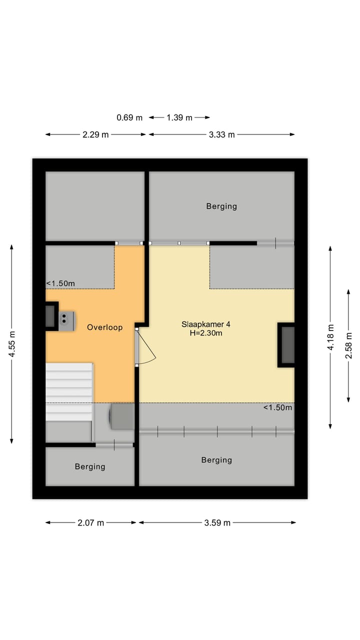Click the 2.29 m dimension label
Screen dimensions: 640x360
click(95, 134)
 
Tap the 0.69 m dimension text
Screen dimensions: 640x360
click(129, 118)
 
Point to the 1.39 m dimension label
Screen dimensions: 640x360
click(179, 118)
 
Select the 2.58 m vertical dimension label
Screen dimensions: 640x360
click(348, 345)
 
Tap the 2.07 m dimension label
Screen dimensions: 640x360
click(91, 523)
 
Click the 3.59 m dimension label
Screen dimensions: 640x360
click(217, 523)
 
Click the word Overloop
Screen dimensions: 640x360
click(104, 327)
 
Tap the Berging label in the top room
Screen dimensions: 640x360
click(221, 206)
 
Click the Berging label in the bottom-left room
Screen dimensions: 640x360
click(90, 466)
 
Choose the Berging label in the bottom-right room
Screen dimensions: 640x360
click(216, 460)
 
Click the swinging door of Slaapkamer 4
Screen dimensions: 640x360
click(146, 347)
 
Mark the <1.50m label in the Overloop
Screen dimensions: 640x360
click(61, 284)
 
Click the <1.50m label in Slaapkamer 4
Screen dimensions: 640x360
click(277, 407)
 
